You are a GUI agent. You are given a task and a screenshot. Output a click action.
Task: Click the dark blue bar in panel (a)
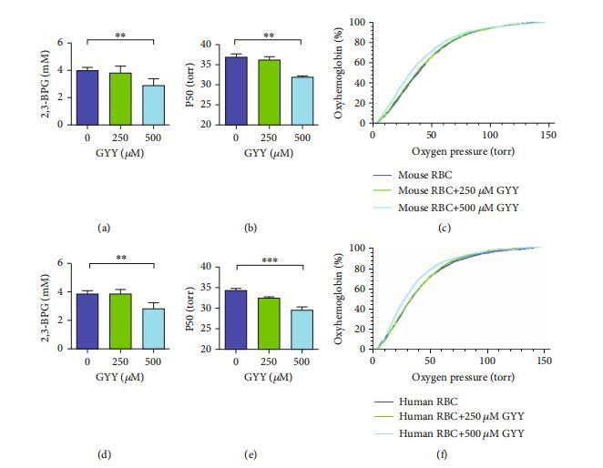[88, 97]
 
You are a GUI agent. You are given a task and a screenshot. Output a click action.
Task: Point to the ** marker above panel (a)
[119, 36]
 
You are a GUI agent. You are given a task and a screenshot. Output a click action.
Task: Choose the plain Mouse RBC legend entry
[424, 173]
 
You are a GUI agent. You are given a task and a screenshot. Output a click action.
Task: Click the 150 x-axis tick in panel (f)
[545, 361]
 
